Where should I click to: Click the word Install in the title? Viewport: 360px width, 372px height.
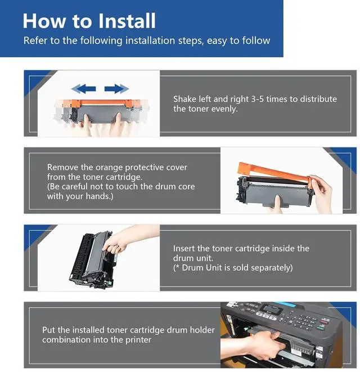[x=127, y=21]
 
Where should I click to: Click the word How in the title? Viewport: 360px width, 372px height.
[x=44, y=21]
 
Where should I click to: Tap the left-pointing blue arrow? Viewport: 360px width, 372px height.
[x=83, y=89]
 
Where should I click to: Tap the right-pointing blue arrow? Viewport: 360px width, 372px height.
[x=116, y=89]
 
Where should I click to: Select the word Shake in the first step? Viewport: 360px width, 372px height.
[x=185, y=99]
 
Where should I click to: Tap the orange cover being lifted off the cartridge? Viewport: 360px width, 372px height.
[x=274, y=172]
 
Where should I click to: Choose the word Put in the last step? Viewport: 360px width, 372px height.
[x=49, y=330]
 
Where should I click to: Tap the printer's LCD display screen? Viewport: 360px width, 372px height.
[x=271, y=308]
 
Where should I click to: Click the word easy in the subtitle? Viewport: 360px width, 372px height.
[x=217, y=41]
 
